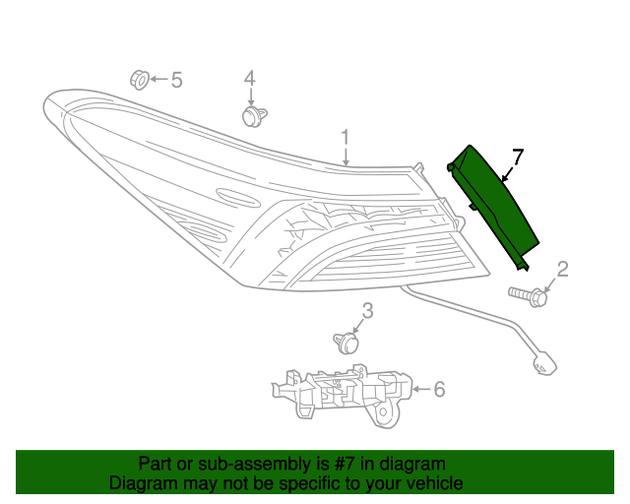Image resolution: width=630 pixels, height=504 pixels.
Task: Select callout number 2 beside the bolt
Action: point(563,270)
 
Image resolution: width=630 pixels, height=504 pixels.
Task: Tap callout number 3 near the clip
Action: point(367,312)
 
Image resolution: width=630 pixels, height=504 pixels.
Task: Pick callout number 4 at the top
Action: point(250,78)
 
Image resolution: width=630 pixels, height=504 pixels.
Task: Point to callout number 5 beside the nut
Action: point(177,80)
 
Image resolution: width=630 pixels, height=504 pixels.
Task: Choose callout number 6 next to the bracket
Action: point(439,390)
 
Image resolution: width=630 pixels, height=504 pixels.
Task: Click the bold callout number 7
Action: point(518,157)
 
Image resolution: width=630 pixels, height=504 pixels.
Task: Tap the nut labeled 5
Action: point(139,78)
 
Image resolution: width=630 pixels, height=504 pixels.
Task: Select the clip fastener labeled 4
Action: point(251,116)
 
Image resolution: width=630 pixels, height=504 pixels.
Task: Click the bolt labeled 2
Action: point(529,294)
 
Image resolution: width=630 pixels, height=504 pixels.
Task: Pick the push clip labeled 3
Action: point(346,343)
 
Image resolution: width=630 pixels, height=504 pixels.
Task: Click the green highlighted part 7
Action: point(497,207)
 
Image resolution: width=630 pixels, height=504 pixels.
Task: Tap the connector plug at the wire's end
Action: point(540,365)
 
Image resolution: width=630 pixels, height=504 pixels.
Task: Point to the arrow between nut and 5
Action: point(158,79)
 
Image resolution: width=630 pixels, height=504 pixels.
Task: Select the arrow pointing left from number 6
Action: point(420,391)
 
